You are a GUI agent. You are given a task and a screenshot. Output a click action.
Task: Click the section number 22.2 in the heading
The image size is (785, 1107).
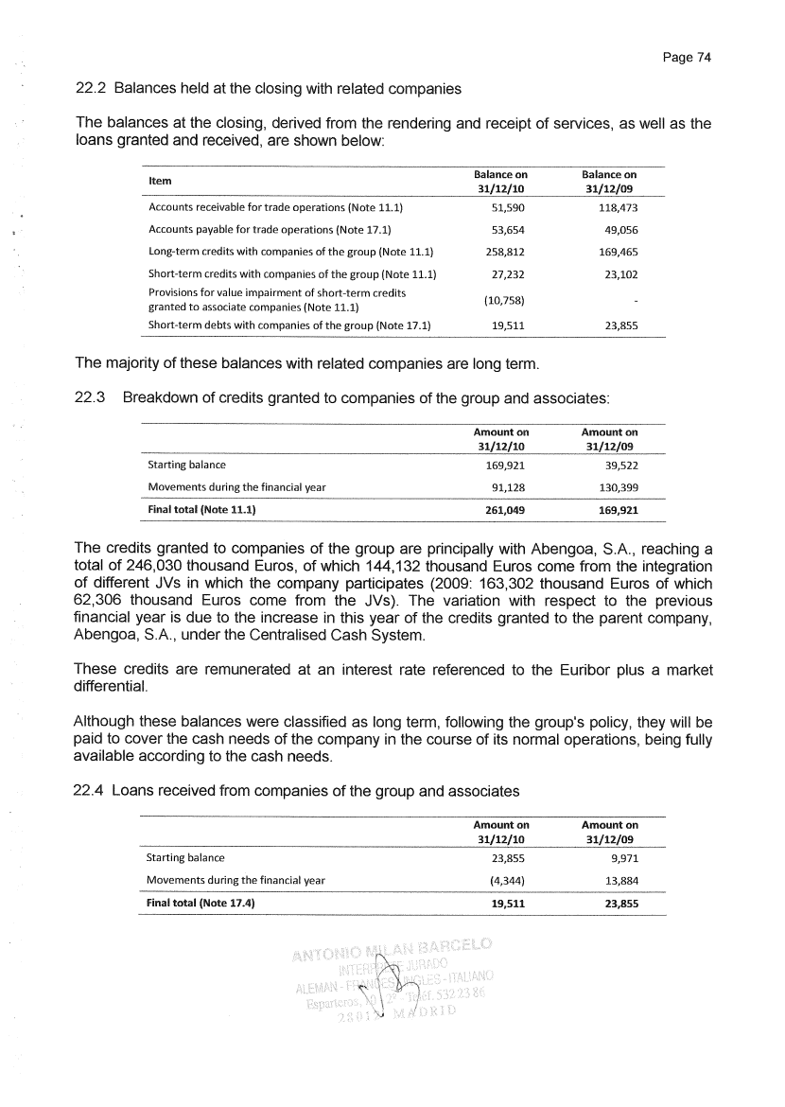click(x=89, y=90)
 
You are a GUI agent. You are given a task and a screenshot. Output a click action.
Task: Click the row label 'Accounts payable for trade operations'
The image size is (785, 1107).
click(x=270, y=229)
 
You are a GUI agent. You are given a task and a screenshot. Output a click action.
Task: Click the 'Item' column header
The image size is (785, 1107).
click(x=161, y=181)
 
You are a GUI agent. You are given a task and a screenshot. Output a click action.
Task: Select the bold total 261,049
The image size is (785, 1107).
click(x=501, y=510)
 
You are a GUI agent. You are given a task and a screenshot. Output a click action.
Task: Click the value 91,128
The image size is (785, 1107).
click(x=505, y=487)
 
